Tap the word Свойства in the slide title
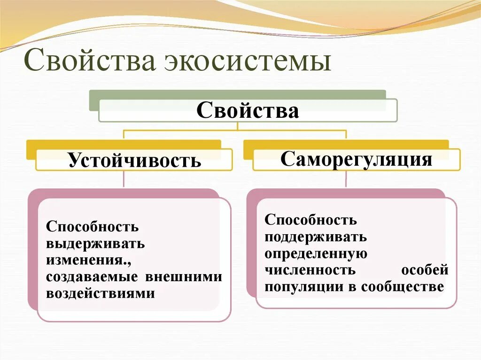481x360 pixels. click(90, 62)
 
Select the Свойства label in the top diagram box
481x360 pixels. click(248, 111)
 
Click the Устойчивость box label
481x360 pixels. click(134, 160)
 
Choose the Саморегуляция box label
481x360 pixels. click(357, 159)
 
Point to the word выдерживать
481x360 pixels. click(95, 244)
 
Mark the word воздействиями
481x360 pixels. click(101, 293)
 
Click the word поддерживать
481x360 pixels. click(316, 237)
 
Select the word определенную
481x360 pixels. click(315, 254)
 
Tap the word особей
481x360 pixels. click(425, 270)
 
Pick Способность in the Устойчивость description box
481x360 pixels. click(93, 227)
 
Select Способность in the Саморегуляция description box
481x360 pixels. click(310, 220)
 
